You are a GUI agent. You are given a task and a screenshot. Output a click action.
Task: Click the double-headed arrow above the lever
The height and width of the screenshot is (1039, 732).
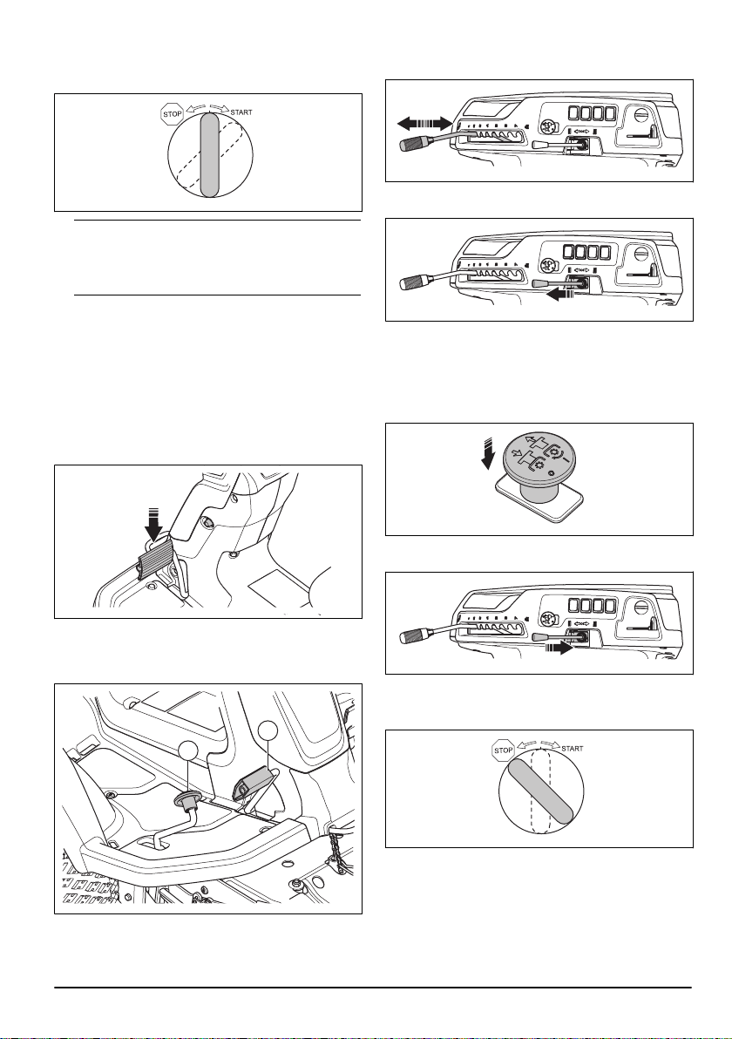(424, 122)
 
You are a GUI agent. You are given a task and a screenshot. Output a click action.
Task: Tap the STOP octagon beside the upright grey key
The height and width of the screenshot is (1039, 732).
(173, 114)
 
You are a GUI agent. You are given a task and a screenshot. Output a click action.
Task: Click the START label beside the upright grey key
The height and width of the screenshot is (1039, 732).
(241, 112)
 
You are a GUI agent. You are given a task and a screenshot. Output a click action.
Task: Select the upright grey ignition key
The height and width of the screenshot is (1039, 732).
(208, 154)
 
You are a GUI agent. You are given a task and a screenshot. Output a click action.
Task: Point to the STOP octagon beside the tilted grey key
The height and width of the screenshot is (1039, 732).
(504, 750)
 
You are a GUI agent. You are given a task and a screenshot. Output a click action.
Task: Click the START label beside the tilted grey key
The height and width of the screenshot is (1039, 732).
(573, 749)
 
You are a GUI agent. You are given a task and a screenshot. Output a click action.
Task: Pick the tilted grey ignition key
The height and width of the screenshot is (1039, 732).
(540, 790)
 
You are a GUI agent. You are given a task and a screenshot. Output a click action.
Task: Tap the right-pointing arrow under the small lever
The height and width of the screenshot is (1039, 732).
(557, 650)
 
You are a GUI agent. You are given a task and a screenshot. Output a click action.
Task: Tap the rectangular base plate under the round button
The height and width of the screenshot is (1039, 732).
(538, 503)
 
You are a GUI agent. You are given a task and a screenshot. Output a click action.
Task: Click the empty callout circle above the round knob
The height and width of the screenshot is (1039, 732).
(188, 752)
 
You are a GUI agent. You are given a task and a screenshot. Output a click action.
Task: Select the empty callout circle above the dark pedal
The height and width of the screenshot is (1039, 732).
(268, 731)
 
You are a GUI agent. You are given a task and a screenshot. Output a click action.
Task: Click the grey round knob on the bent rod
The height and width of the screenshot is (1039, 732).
(188, 801)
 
